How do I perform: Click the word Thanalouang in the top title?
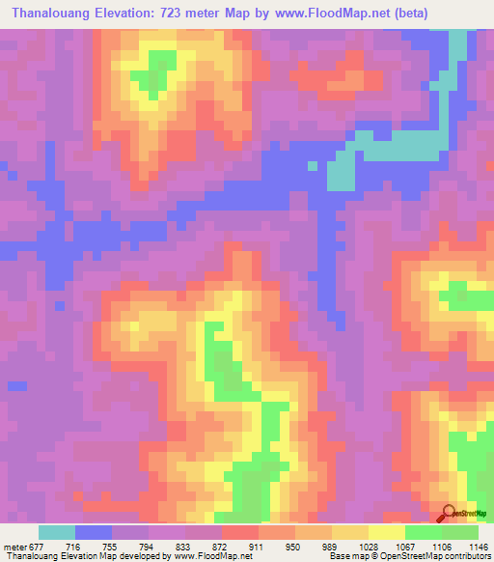(x=57, y=13)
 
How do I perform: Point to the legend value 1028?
(x=369, y=546)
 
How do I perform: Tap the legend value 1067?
(x=405, y=546)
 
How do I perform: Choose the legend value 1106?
(x=442, y=546)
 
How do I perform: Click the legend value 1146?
(x=479, y=546)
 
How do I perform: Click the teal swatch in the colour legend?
(x=57, y=532)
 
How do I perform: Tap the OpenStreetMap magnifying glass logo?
(x=449, y=515)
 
